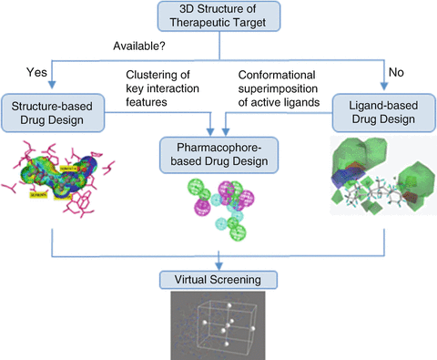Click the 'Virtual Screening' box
[218, 278]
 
